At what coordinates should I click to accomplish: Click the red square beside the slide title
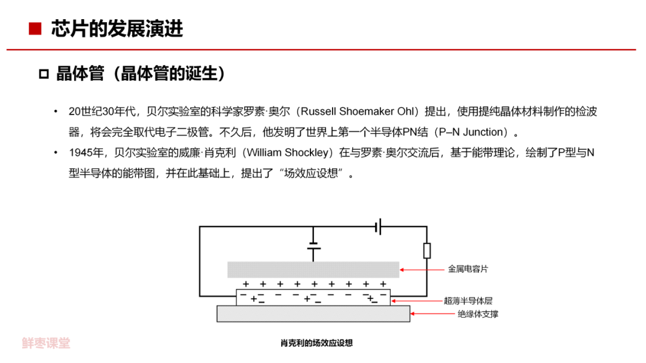pyautogui.click(x=35, y=29)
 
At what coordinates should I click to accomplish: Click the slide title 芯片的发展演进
pyautogui.click(x=117, y=29)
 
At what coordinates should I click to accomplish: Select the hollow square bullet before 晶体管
pyautogui.click(x=43, y=74)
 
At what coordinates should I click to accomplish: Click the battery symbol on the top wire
pyautogui.click(x=378, y=227)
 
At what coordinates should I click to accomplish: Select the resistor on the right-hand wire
pyautogui.click(x=426, y=251)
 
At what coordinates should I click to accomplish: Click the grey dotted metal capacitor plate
pyautogui.click(x=313, y=269)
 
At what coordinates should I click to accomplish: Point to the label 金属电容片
pyautogui.click(x=468, y=269)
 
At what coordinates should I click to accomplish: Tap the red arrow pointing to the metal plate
pyautogui.click(x=422, y=270)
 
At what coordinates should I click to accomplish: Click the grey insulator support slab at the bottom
pyautogui.click(x=313, y=313)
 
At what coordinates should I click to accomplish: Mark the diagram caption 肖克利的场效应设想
pyautogui.click(x=316, y=343)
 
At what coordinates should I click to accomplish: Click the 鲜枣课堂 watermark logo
pyautogui.click(x=46, y=343)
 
